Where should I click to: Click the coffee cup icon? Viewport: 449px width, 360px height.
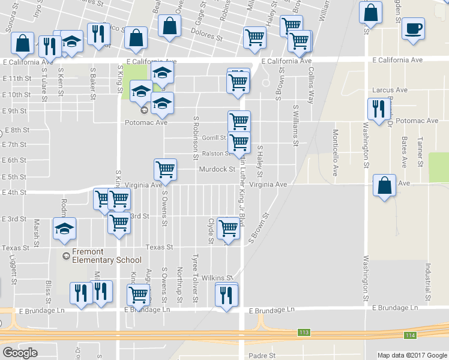click(413, 28)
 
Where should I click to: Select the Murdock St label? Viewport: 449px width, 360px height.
click(217, 169)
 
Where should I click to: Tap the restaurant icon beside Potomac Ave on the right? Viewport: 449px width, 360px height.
click(378, 109)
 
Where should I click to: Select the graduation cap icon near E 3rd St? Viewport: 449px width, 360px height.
click(65, 228)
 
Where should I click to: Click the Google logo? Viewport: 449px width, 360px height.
click(20, 353)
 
